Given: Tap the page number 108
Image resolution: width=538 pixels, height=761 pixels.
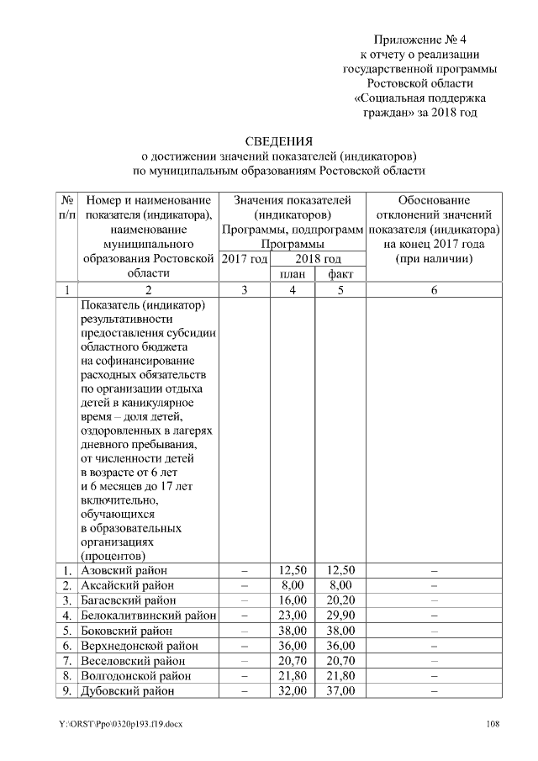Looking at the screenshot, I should click(495, 724).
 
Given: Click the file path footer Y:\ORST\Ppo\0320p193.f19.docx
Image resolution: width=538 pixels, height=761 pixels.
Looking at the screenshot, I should click(119, 724).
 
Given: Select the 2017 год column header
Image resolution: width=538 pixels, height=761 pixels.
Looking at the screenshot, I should click(245, 258).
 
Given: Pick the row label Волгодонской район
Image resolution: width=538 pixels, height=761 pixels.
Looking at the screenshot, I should click(134, 675).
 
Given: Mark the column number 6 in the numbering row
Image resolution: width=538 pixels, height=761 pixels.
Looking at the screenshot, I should click(434, 290).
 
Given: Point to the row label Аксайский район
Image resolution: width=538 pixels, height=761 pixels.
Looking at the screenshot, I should click(127, 585).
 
